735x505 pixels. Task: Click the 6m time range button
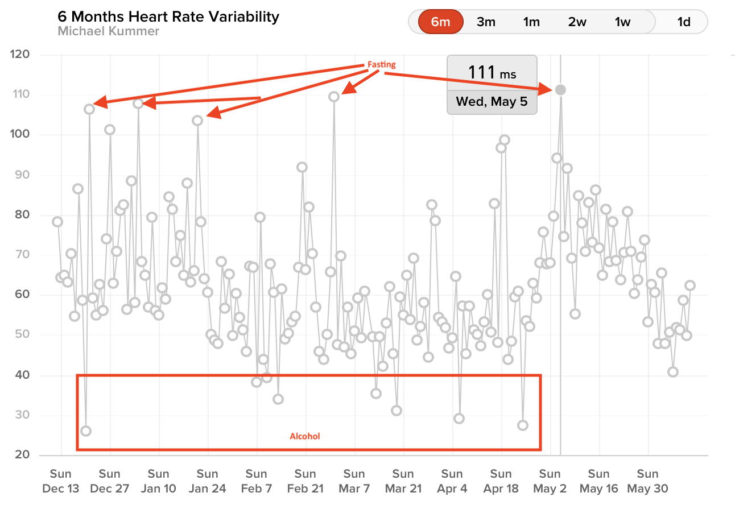pyautogui.click(x=441, y=22)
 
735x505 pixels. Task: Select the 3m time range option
pyautogui.click(x=486, y=22)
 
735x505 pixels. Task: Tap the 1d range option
pyautogui.click(x=683, y=22)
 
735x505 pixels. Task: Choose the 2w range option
pyautogui.click(x=577, y=22)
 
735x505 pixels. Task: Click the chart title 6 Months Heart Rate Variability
pyautogui.click(x=168, y=16)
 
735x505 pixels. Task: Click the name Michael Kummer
pyautogui.click(x=108, y=31)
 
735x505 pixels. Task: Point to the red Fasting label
pyautogui.click(x=381, y=65)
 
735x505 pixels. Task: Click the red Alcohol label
pyautogui.click(x=305, y=436)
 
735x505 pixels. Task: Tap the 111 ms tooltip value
pyautogui.click(x=492, y=72)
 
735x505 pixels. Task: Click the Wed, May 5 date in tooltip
pyautogui.click(x=492, y=103)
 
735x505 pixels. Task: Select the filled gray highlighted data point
pyautogui.click(x=560, y=90)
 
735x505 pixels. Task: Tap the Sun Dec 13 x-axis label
pyautogui.click(x=60, y=481)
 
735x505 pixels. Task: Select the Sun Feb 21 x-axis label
pyautogui.click(x=305, y=481)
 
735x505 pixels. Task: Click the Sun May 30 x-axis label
pyautogui.click(x=647, y=481)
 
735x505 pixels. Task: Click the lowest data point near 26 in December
pyautogui.click(x=86, y=431)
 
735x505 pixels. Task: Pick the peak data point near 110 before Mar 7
pyautogui.click(x=334, y=97)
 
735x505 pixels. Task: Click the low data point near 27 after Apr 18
pyautogui.click(x=523, y=425)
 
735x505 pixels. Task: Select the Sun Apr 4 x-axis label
pyautogui.click(x=452, y=481)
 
